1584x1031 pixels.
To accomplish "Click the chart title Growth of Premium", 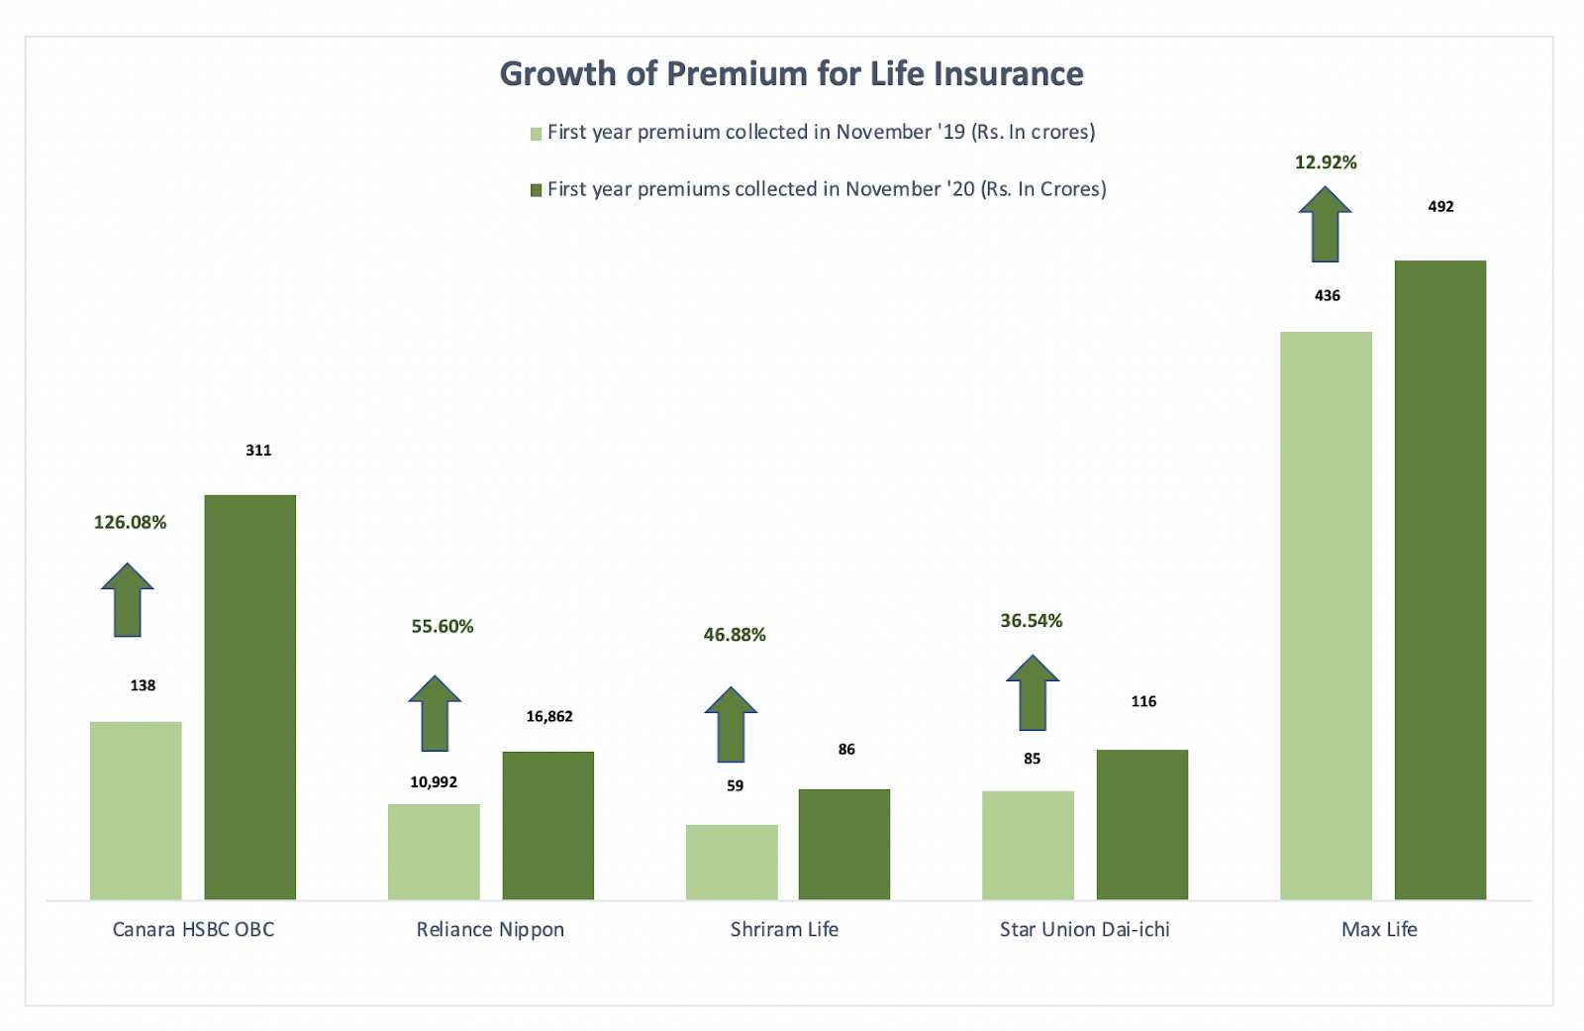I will pyautogui.click(x=791, y=74).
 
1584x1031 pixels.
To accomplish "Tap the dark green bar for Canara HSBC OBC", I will pyautogui.click(x=249, y=697).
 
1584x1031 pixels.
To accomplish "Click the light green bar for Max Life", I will pyautogui.click(x=1326, y=615).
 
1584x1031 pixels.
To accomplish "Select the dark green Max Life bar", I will pyautogui.click(x=1439, y=579).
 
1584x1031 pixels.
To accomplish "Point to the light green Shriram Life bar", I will pyautogui.click(x=731, y=862).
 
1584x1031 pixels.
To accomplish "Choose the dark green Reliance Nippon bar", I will pyautogui.click(x=547, y=825).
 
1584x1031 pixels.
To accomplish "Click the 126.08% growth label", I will pyautogui.click(x=130, y=522).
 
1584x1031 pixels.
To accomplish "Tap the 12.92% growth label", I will pyautogui.click(x=1326, y=162).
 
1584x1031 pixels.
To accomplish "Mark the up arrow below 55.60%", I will pyautogui.click(x=435, y=714).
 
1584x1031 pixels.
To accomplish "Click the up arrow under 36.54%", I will pyautogui.click(x=1032, y=693).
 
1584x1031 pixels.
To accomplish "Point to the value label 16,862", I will pyautogui.click(x=548, y=716).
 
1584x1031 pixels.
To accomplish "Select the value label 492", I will pyautogui.click(x=1440, y=206).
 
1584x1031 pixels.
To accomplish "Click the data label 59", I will pyautogui.click(x=735, y=785).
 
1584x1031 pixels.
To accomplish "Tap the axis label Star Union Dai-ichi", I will pyautogui.click(x=1084, y=929).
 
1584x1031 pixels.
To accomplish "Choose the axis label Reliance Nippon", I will pyautogui.click(x=490, y=929).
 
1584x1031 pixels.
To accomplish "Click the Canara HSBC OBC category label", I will pyautogui.click(x=193, y=929).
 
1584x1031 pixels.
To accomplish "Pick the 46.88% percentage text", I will pyautogui.click(x=735, y=635).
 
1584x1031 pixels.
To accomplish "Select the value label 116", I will pyautogui.click(x=1143, y=701).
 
